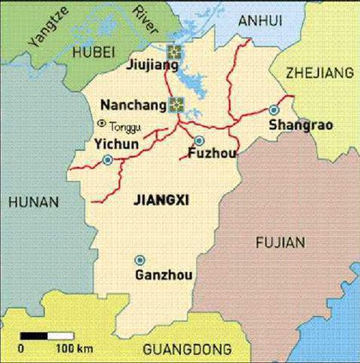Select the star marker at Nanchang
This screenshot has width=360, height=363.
pos(177,105)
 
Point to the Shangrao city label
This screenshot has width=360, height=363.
pos(297,126)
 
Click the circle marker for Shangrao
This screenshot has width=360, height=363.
pos(274,110)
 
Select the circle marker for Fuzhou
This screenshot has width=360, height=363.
pos(199,141)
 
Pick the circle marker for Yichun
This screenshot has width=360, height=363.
pos(107,160)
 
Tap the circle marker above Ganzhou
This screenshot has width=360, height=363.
pos(140,260)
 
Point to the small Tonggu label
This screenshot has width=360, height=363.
pos(123,126)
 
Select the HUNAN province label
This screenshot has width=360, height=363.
pos(33,202)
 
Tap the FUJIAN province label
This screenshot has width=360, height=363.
pos(279,243)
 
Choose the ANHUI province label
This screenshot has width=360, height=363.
pos(259,19)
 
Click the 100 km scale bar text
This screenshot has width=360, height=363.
pos(74,349)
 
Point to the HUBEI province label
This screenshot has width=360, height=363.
pos(93,53)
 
